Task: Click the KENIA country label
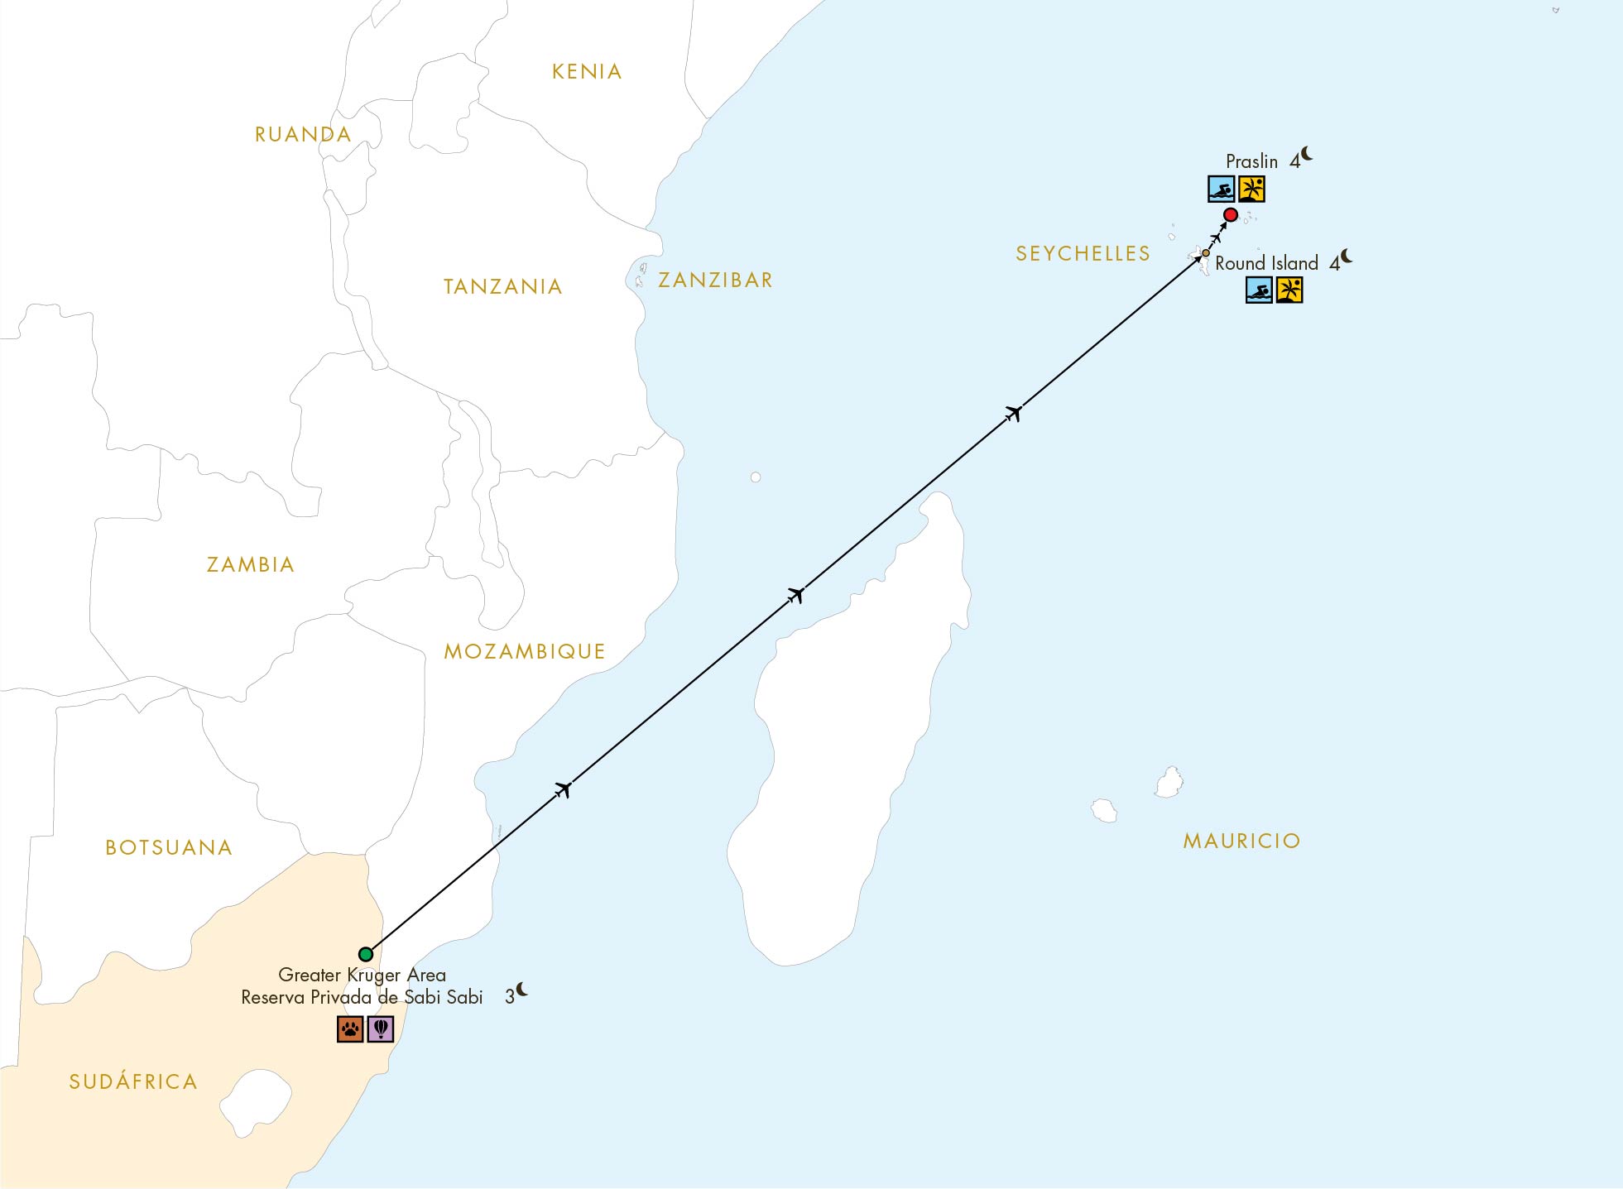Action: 587,72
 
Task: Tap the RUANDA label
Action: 303,135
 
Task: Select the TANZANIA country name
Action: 503,287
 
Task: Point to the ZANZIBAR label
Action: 715,280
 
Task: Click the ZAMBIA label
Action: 251,565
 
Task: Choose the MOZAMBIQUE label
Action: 525,652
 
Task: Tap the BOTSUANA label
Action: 169,848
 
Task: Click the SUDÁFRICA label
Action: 133,1082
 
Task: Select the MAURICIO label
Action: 1241,841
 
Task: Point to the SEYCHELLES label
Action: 1083,254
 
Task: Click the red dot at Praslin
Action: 1231,215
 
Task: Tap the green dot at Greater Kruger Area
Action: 366,954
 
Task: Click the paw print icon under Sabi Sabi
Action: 350,1029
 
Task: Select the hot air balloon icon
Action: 381,1029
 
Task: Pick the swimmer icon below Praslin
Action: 1221,189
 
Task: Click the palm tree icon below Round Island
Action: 1289,290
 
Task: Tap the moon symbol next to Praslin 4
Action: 1307,154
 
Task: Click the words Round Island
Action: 1266,264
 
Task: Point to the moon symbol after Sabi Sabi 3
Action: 522,990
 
